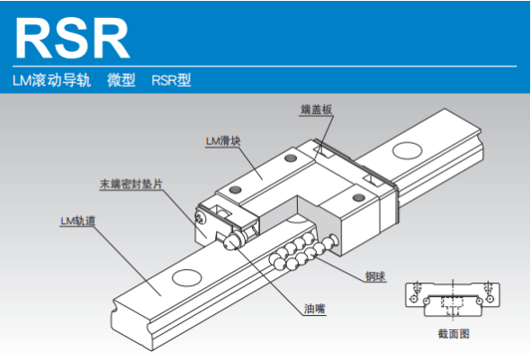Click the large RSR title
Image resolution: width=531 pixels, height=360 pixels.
pos(72,38)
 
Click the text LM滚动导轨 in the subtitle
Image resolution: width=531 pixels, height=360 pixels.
pos(52,81)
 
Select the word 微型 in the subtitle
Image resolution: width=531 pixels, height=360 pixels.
pos(121,81)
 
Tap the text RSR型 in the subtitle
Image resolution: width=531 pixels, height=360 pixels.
pos(171,81)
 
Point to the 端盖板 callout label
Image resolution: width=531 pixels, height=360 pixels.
pos(316,110)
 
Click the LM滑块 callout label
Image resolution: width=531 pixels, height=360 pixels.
pos(223,141)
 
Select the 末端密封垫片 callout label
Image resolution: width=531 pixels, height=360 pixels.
pos(131,184)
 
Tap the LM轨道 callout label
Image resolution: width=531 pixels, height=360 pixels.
pos(78,220)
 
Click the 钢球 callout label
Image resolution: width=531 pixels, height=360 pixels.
pos(375,276)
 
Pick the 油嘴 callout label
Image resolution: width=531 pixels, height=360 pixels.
pos(315,309)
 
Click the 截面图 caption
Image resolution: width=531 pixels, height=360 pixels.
pos(454,334)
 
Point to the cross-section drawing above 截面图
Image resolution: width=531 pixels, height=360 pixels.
pos(453,300)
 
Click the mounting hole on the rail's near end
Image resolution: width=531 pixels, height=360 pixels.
pos(187,278)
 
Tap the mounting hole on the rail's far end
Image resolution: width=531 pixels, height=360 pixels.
pos(407,150)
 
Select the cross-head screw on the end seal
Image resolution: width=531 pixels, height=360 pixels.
pos(201,218)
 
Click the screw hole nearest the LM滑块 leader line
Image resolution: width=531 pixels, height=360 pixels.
pos(290,157)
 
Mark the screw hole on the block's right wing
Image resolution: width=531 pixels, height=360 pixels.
pos(358,197)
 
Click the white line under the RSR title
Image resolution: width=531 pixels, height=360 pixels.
pos(265,66)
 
